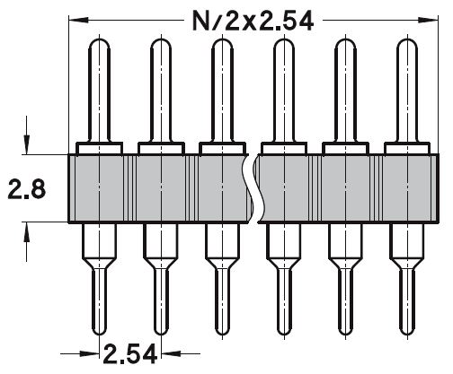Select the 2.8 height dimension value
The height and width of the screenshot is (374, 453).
coord(25,188)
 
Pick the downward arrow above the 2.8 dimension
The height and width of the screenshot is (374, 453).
coord(27,144)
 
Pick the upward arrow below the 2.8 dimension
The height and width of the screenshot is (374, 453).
coord(27,233)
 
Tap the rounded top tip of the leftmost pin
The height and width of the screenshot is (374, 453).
coord(99,41)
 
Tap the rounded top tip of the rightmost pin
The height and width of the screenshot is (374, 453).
coord(404,41)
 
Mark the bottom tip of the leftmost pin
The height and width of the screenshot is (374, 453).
coord(99,330)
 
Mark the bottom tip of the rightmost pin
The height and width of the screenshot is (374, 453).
coord(404,330)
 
